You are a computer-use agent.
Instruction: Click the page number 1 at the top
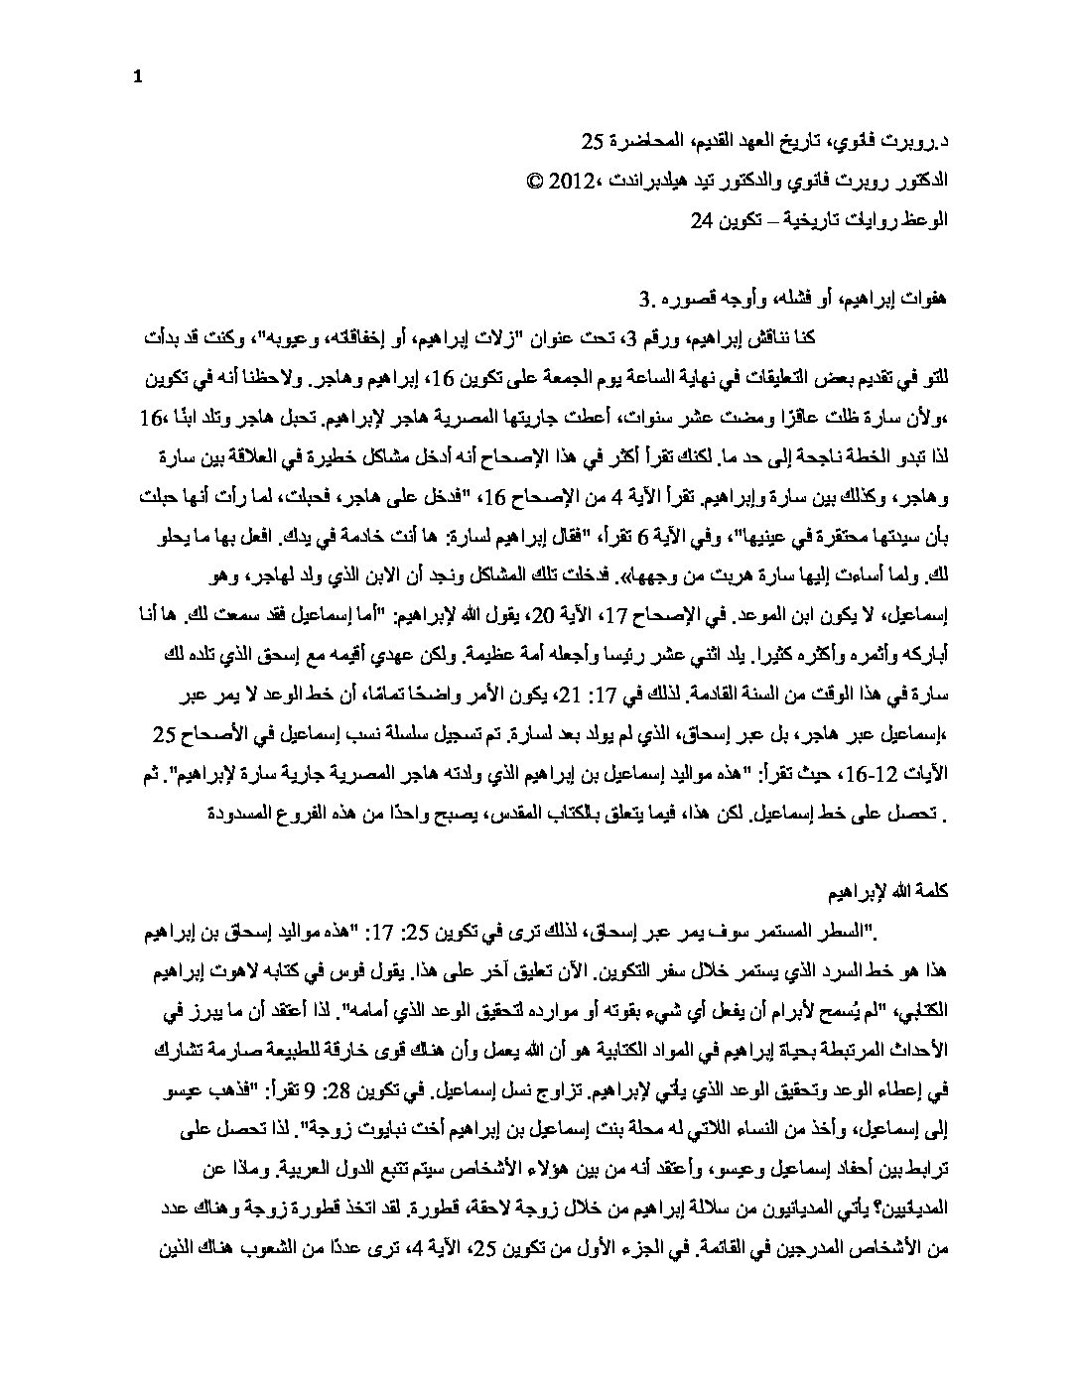[x=138, y=80]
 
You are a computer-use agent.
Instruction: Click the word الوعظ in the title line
[x=928, y=220]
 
